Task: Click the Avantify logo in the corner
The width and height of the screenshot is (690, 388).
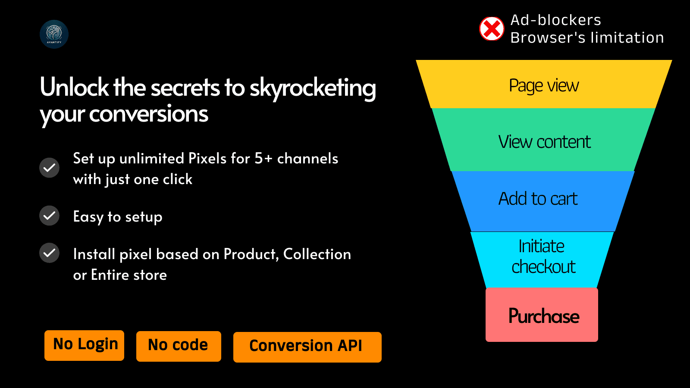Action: point(54,34)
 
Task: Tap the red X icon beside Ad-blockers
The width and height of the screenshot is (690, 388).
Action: point(492,28)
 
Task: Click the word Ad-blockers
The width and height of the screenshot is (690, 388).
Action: point(556,20)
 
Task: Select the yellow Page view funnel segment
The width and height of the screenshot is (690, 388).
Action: point(544,84)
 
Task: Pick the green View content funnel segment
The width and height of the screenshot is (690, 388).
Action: point(544,140)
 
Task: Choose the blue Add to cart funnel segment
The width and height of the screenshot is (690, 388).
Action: point(543,201)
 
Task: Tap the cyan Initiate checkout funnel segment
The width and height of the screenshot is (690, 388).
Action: point(542,260)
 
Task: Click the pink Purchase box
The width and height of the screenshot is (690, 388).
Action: point(542,315)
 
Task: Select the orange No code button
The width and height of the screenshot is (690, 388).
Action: point(179,346)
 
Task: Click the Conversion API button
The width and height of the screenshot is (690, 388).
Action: point(307,347)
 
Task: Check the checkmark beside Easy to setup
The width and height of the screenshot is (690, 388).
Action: point(49,216)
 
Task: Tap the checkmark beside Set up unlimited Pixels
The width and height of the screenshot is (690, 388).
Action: point(49,168)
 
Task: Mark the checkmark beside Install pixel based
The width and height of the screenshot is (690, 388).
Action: point(49,253)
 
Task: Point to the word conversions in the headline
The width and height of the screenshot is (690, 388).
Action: point(148,114)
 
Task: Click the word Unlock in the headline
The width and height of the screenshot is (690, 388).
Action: point(74,87)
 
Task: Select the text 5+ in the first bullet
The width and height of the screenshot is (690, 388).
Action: point(263,159)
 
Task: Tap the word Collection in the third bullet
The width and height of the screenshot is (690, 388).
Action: point(317,254)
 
